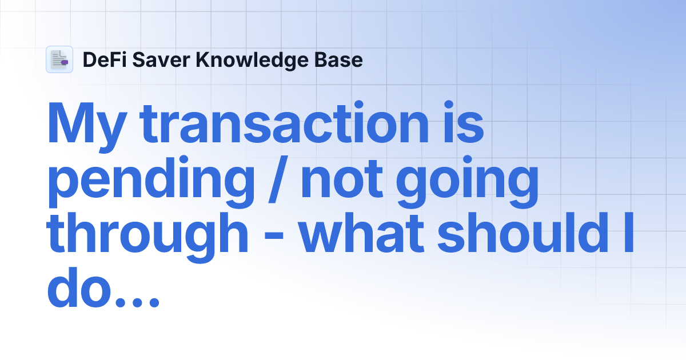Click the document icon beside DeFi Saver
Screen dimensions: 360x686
59,59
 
